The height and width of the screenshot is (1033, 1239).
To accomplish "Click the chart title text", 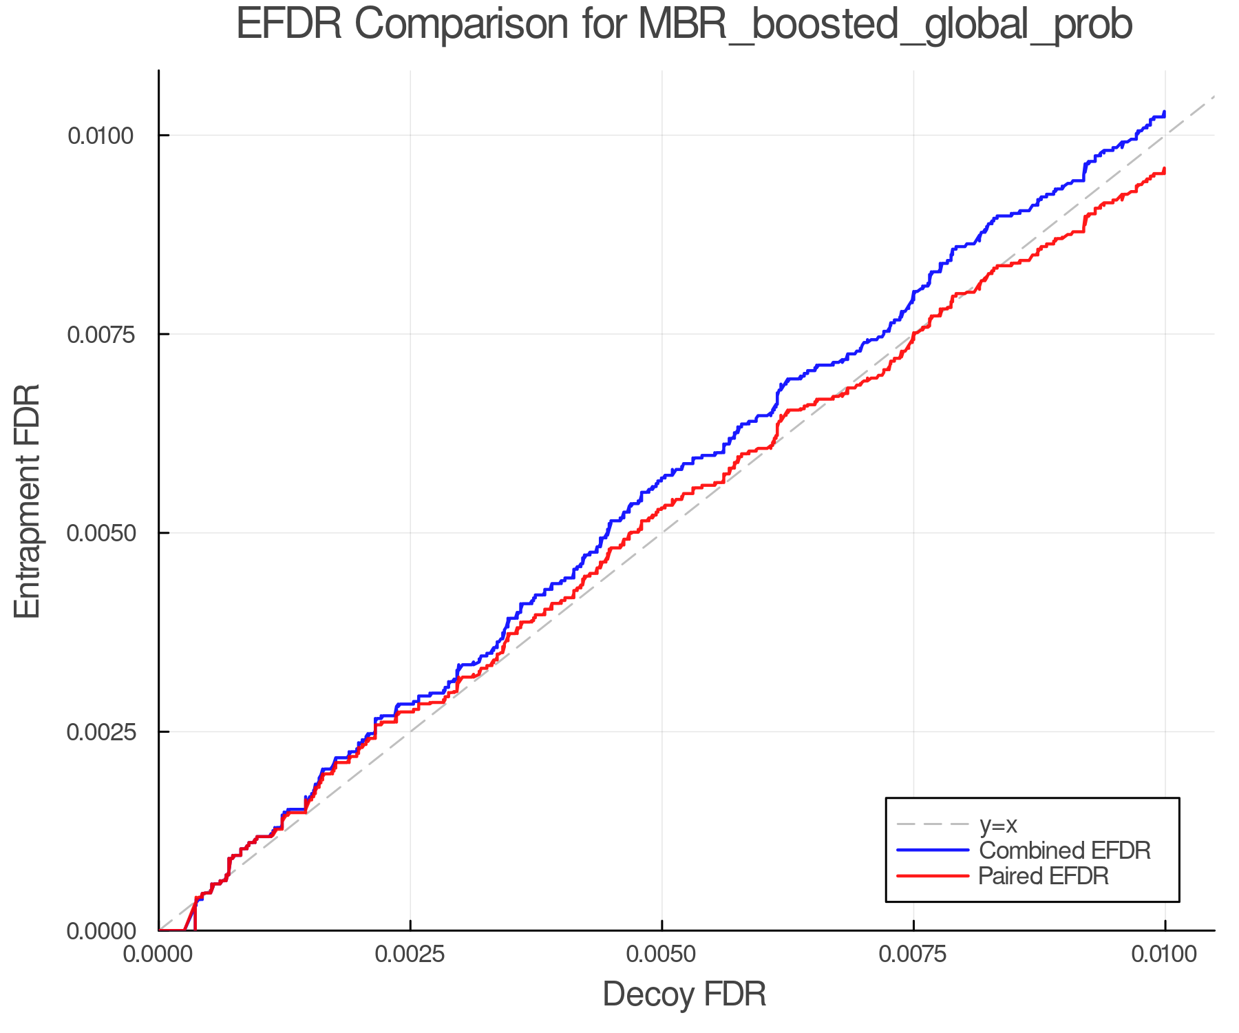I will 684,25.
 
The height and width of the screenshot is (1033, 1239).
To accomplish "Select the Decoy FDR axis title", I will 684,994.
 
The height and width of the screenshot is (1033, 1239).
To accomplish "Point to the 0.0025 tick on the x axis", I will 410,954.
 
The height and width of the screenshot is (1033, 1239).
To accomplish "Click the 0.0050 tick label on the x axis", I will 661,954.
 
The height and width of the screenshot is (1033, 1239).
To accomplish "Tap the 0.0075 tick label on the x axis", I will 913,954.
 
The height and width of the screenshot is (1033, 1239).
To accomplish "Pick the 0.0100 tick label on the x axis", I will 1165,954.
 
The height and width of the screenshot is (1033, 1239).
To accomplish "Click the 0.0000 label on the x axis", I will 159,954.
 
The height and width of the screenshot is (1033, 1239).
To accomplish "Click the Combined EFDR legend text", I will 1064,851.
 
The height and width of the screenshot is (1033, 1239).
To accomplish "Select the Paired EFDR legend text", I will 1043,876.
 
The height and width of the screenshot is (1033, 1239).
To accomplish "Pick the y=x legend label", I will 998,824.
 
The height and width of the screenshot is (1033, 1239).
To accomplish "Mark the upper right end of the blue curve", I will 1164,112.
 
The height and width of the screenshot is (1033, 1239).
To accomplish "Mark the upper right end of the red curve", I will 1164,169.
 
